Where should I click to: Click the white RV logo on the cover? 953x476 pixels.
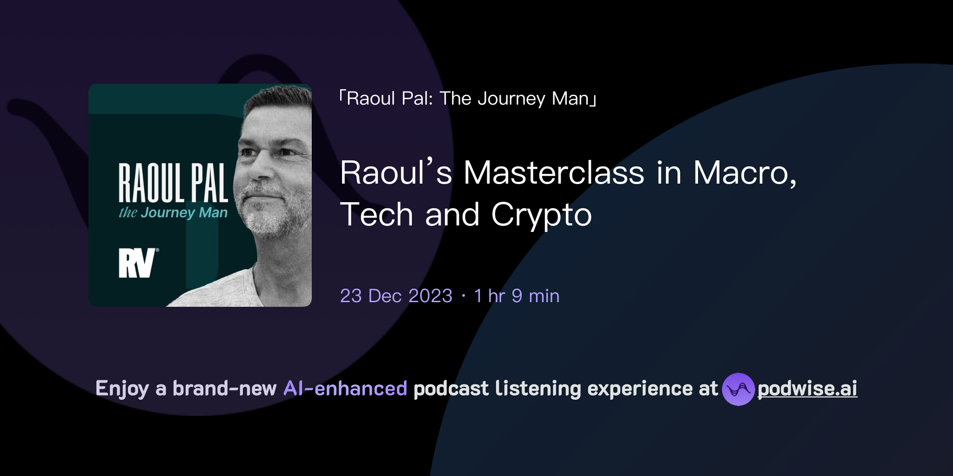137,263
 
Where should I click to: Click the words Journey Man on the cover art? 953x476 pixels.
184,213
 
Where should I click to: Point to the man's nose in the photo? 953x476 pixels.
259,172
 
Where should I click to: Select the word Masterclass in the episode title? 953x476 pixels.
554,173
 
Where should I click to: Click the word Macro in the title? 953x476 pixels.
744,173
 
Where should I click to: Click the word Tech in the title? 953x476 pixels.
376,215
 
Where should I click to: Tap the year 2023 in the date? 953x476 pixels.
430,296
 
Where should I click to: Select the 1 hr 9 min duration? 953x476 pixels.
517,296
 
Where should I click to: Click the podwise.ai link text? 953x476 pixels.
807,389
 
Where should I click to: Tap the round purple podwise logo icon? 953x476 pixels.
738,389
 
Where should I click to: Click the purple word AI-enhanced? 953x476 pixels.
345,389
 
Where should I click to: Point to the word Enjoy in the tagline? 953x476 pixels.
122,389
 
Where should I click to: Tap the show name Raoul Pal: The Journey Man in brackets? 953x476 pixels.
468,99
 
